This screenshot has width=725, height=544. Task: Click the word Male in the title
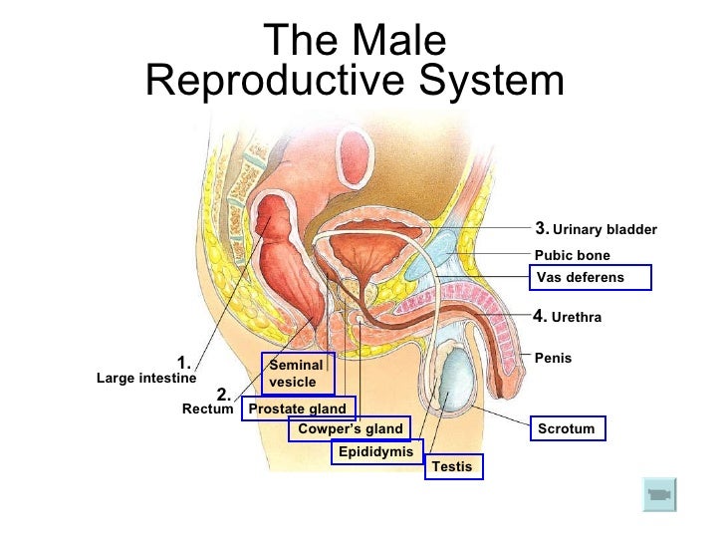pyautogui.click(x=398, y=42)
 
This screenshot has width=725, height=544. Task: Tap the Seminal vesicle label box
pyautogui.click(x=297, y=374)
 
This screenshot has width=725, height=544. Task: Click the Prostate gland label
pyautogui.click(x=298, y=408)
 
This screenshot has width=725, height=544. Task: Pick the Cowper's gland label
pyautogui.click(x=351, y=429)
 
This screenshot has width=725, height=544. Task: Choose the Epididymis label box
pyautogui.click(x=375, y=452)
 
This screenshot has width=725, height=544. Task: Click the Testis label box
pyautogui.click(x=453, y=466)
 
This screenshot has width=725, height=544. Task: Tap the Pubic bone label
pyautogui.click(x=573, y=255)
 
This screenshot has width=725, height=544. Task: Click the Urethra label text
pyautogui.click(x=577, y=318)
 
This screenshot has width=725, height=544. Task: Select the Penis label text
pyautogui.click(x=554, y=357)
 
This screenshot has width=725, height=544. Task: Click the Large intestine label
pyautogui.click(x=145, y=379)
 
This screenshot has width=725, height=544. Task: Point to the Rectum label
pyautogui.click(x=208, y=408)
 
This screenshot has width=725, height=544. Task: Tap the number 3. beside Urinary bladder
pyautogui.click(x=543, y=228)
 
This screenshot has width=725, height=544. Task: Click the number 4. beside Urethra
pyautogui.click(x=541, y=317)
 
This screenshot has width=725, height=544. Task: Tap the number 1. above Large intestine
pyautogui.click(x=183, y=362)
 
